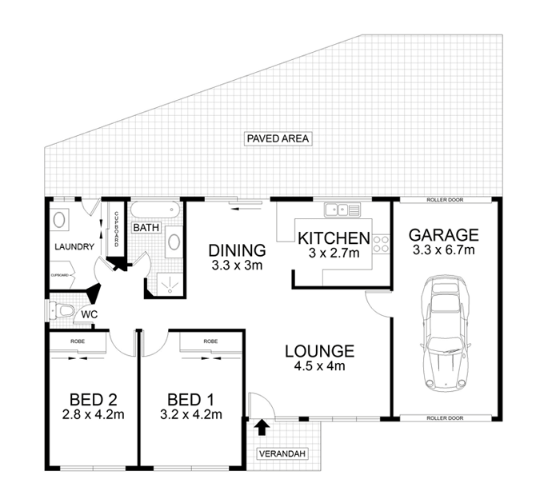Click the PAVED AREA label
pos(278,138)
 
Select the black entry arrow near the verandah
pos(262,429)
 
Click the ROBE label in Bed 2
pos(78,341)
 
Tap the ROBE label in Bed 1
pos(210,341)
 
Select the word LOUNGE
pos(319,351)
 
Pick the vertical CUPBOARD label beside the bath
pos(116,228)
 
